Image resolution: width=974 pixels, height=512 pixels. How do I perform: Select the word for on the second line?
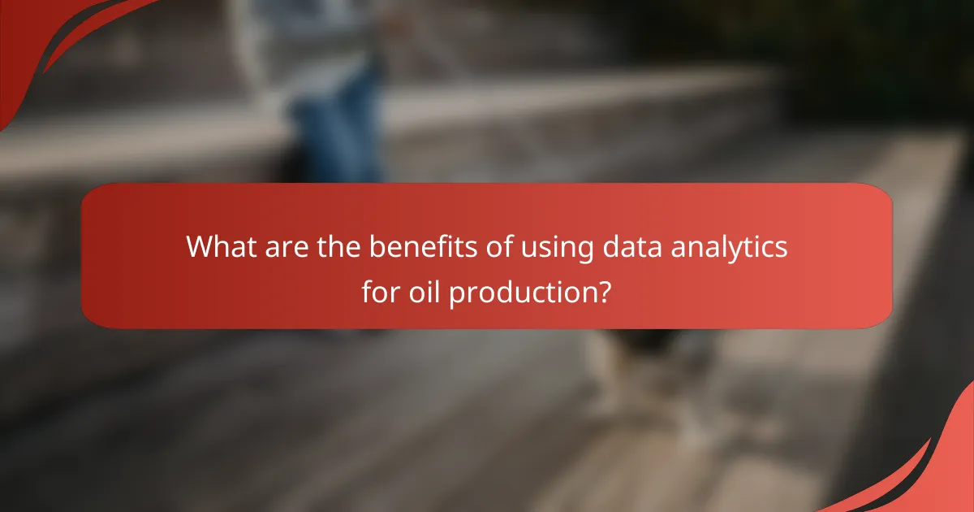click(x=380, y=293)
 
